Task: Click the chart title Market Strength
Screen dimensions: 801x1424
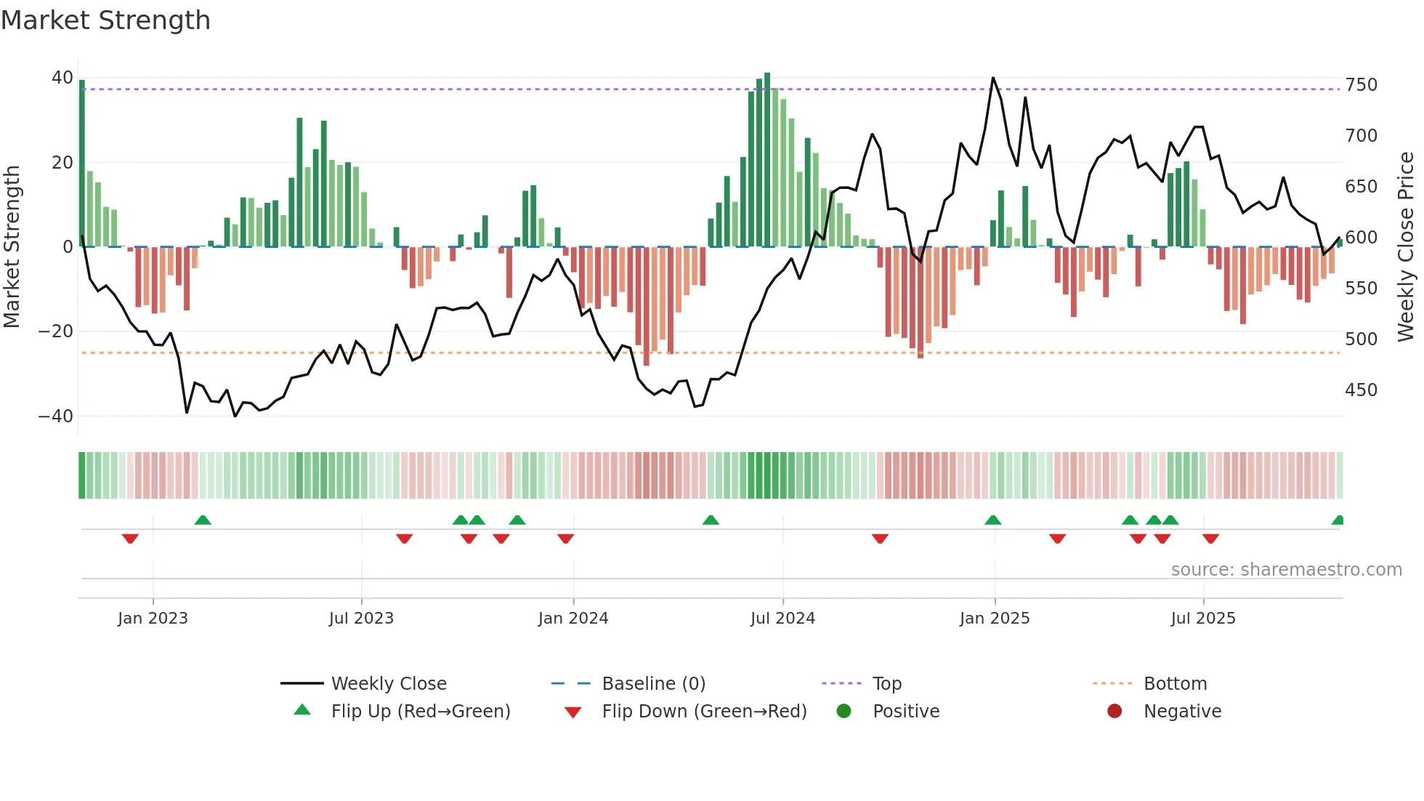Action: point(105,20)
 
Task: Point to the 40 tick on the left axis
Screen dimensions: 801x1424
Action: point(62,78)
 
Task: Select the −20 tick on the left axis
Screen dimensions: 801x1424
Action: point(55,331)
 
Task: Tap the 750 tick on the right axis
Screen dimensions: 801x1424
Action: point(1361,85)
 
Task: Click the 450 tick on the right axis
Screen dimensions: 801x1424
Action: point(1361,390)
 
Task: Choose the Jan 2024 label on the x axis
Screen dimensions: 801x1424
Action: point(573,619)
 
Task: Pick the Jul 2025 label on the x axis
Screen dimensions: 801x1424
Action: point(1202,619)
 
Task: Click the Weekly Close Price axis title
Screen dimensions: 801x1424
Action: point(1406,247)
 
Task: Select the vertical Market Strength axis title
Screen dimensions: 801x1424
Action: point(12,247)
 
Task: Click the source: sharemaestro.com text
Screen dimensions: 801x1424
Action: point(1286,570)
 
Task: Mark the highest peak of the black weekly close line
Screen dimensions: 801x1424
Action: point(993,78)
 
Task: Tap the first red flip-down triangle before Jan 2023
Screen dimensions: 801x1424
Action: point(130,538)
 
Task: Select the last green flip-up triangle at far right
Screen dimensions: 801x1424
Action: point(1338,520)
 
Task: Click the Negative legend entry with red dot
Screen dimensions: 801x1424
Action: point(1181,712)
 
